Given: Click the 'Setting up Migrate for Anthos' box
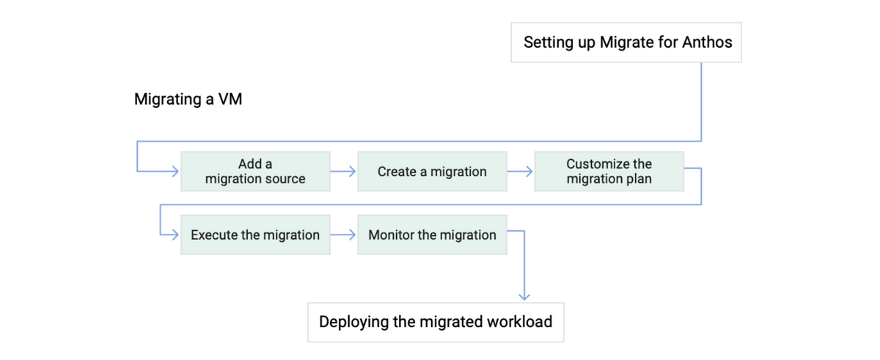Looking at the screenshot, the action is click(626, 43).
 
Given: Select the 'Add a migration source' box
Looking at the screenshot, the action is click(255, 172).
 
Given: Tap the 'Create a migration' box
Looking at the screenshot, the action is click(432, 172).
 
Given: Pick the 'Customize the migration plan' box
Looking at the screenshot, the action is click(609, 172).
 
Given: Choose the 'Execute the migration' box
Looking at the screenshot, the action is click(255, 235).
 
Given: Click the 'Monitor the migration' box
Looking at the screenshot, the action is click(432, 235).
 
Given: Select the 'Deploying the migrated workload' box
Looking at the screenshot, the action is click(436, 323).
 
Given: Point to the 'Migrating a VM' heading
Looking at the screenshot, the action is click(188, 99).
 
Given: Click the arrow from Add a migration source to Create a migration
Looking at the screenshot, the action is click(343, 171).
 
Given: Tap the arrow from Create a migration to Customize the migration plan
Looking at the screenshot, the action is click(520, 171).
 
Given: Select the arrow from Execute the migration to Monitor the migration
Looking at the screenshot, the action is click(343, 235).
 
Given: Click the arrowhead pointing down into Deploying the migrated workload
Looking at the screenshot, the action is click(524, 297).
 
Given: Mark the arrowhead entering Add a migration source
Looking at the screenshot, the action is click(175, 171).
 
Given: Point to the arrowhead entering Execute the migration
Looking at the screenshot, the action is click(175, 235).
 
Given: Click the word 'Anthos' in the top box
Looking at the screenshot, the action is click(707, 42).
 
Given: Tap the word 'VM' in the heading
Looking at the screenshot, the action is click(230, 99).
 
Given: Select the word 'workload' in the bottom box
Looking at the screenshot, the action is click(519, 322).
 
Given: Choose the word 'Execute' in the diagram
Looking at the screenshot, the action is click(214, 235).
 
